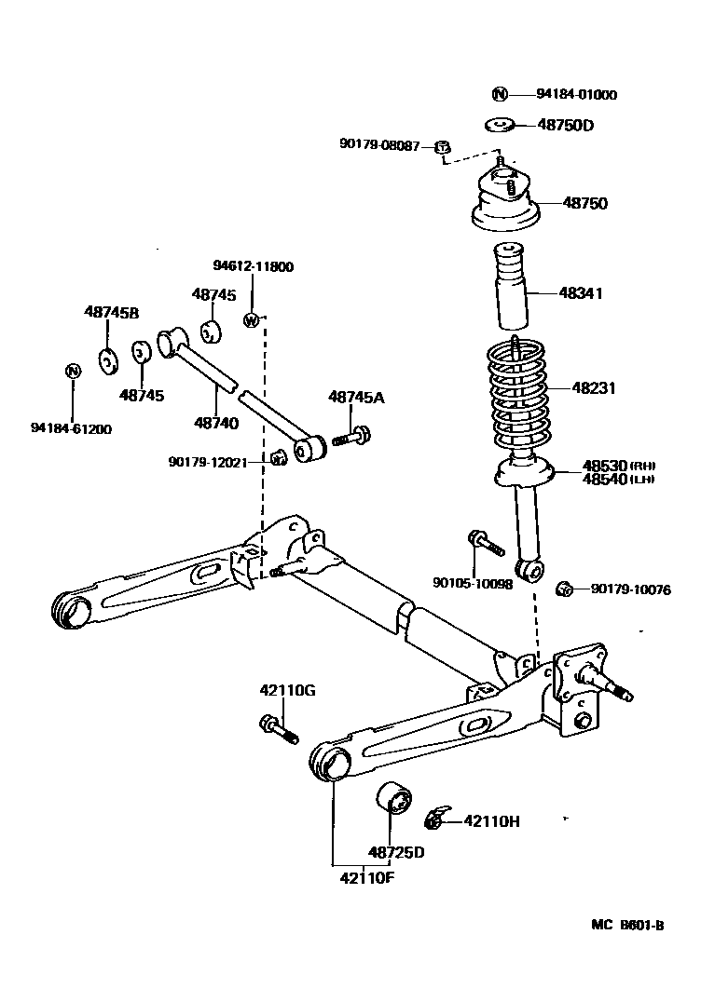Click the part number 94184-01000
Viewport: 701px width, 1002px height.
click(576, 94)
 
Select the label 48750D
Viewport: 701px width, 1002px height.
click(565, 125)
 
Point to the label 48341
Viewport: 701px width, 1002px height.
click(581, 292)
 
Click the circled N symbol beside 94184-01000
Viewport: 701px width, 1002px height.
click(500, 93)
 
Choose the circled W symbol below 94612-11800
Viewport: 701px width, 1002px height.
click(251, 320)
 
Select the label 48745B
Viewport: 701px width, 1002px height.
click(111, 312)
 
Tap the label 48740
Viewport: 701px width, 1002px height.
click(216, 423)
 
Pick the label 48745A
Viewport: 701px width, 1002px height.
click(356, 398)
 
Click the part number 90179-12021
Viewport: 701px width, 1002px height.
click(208, 461)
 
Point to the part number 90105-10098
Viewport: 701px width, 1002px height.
click(473, 585)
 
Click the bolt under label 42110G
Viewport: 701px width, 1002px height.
click(277, 727)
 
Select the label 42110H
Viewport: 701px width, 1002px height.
click(491, 820)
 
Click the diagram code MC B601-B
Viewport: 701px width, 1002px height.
click(627, 926)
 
